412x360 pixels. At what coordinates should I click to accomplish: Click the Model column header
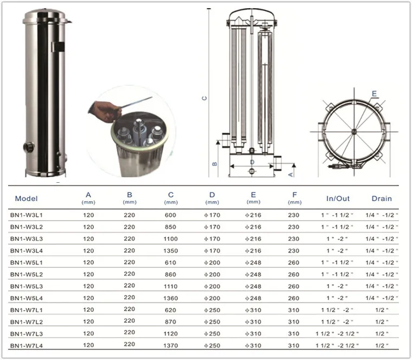pyautogui.click(x=26, y=198)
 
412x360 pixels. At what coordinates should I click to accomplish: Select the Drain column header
pyautogui.click(x=382, y=198)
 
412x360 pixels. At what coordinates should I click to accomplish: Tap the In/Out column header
pyautogui.click(x=338, y=198)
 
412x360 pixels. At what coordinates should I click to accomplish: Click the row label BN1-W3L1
pyautogui.click(x=26, y=215)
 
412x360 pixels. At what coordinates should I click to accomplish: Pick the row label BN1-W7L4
pyautogui.click(x=26, y=345)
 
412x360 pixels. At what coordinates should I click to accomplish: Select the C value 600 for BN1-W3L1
pyautogui.click(x=170, y=215)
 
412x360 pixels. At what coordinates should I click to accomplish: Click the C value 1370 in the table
pyautogui.click(x=171, y=345)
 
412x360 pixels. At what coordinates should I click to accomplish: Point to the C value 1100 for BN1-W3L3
pyautogui.click(x=171, y=239)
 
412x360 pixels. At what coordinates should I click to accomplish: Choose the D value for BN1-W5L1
pyautogui.click(x=212, y=262)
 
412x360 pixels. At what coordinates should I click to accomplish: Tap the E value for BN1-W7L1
pyautogui.click(x=253, y=310)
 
